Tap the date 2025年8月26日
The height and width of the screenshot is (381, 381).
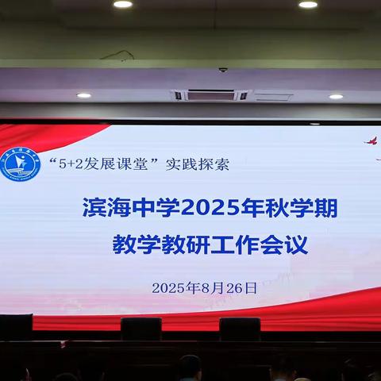(x=205, y=288)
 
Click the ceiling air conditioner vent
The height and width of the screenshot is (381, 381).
(x=210, y=95)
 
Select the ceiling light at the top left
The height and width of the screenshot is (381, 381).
(x=123, y=4)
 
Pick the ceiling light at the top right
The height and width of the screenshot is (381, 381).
(x=308, y=4)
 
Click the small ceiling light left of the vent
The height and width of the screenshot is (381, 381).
(x=83, y=95)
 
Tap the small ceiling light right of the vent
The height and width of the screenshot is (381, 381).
(x=336, y=96)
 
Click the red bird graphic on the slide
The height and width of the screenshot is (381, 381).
(x=370, y=141)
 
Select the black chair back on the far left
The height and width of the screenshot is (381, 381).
(x=16, y=326)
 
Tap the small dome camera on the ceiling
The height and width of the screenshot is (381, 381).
(x=223, y=70)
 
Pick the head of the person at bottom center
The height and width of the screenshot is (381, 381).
(x=190, y=367)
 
